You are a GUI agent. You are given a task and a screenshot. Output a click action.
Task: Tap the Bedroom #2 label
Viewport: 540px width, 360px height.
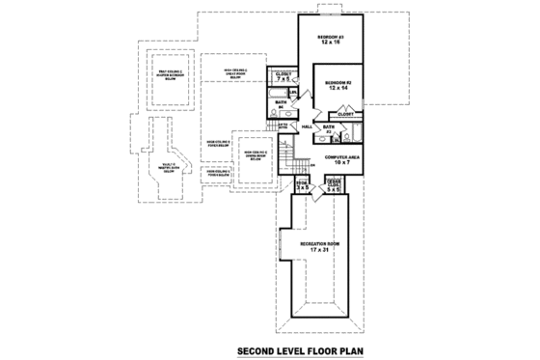337,82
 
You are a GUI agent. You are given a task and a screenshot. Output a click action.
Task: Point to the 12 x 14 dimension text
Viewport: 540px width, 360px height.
337,89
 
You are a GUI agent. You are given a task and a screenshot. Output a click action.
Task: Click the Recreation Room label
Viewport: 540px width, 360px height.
319,244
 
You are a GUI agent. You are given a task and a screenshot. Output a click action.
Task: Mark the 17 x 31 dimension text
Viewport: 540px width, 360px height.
319,251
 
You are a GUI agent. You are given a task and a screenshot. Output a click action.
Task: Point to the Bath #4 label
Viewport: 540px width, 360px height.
280,103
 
